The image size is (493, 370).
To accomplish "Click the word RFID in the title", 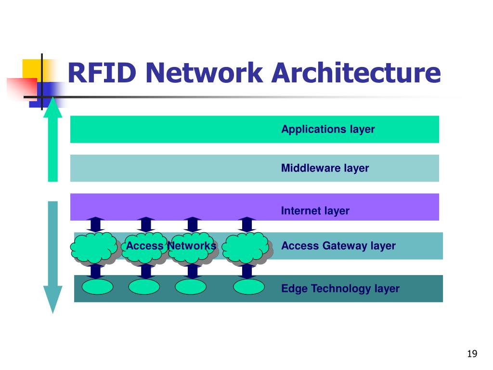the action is coord(102,73).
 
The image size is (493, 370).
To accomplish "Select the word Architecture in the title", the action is coord(356,73).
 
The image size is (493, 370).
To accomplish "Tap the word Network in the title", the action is coord(204,73).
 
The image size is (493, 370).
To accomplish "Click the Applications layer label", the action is coord(328,129).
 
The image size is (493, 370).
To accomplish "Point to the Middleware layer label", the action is coord(325,168).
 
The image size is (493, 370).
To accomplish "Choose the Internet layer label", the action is coord(315,211).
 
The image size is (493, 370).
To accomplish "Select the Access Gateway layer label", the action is coord(338,246).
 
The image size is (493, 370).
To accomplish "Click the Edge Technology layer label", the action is coord(340,289).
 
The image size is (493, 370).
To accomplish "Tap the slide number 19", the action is coord(472,354).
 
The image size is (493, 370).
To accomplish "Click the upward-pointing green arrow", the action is coord(53,139).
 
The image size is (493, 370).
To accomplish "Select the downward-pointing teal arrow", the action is coord(53,257).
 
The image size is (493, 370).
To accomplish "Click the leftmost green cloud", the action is coord(94,248).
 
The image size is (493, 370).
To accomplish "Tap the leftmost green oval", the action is coord(97,287).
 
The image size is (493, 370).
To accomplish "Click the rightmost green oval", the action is coord(249,287).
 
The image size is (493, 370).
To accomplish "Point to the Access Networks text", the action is coord(171,246).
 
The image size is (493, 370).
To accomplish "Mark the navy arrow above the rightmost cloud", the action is coord(247,225).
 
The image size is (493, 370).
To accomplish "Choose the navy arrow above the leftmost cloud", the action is coord(96,225).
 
